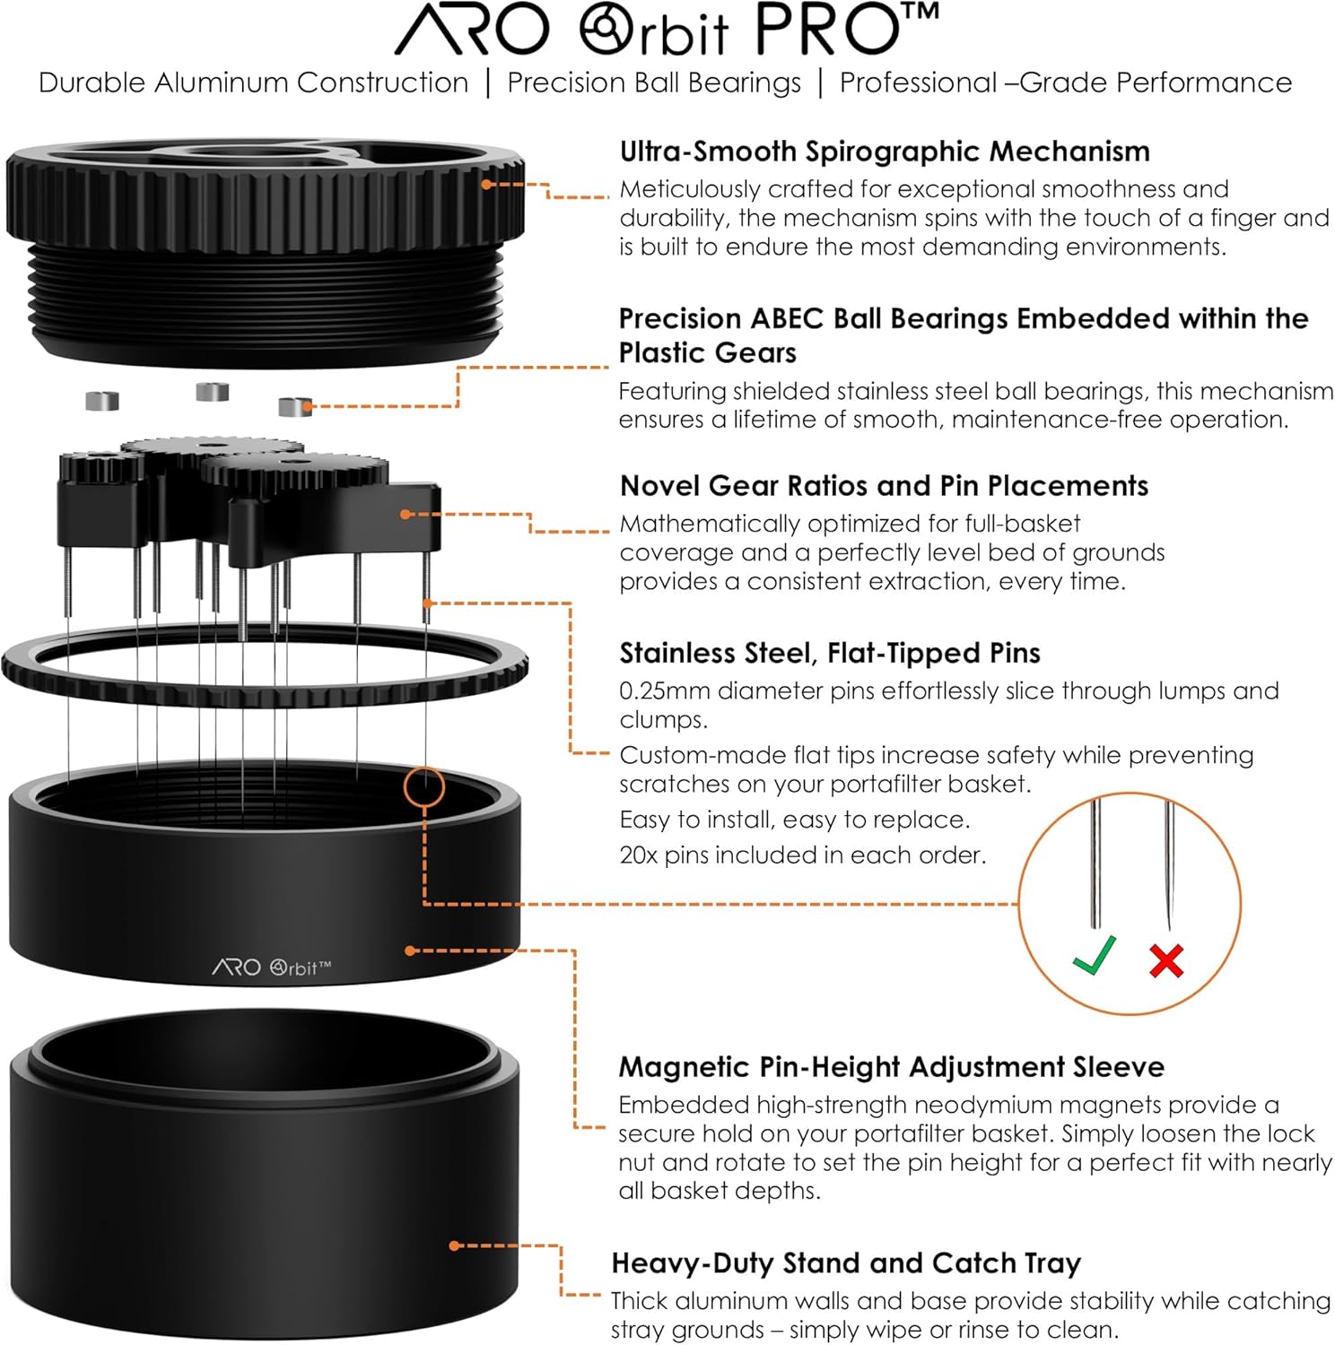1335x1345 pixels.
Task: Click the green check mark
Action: click(1095, 955)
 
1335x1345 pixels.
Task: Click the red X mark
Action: click(1166, 960)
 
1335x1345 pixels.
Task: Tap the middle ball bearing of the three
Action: click(213, 392)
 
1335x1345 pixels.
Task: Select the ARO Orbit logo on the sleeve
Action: click(272, 968)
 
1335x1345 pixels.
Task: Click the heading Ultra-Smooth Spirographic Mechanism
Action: click(884, 152)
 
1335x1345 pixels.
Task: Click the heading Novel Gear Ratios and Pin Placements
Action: click(884, 486)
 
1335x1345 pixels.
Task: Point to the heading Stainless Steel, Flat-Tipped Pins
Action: click(829, 653)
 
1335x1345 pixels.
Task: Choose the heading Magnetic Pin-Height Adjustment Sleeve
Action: click(891, 1067)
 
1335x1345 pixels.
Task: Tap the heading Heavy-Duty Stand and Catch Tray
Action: click(845, 1263)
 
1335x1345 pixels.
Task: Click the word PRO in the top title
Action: click(825, 30)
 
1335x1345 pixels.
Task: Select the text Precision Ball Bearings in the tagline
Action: click(653, 82)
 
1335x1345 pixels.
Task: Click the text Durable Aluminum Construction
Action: click(253, 82)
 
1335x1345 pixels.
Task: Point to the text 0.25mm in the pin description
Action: click(664, 691)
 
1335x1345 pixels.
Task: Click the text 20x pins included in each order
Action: click(802, 855)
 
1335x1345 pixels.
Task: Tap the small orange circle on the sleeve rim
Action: click(423, 787)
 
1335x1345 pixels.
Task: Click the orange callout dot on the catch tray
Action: click(454, 1245)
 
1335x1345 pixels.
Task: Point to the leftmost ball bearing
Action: click(102, 401)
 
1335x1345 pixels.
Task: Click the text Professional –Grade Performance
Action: click(1065, 82)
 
